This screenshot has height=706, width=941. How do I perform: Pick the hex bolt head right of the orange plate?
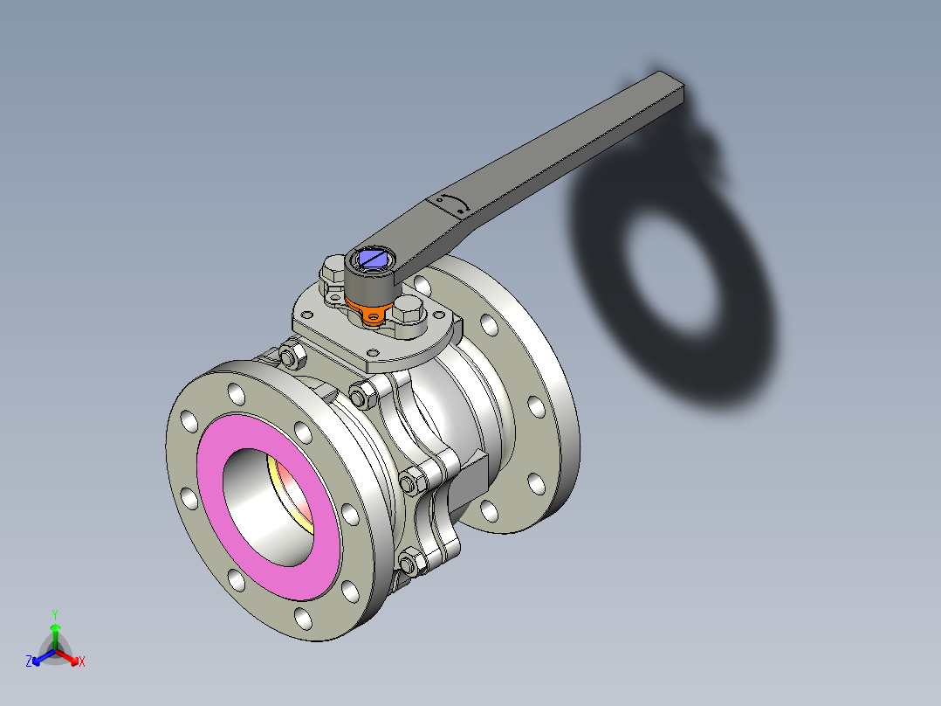pos(409,311)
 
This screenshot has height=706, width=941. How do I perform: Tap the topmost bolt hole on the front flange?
pos(236,394)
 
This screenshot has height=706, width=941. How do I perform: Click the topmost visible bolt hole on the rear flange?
pos(422,285)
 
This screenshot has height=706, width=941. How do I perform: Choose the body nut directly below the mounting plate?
pos(361,395)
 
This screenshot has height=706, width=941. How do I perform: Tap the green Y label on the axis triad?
pos(54,614)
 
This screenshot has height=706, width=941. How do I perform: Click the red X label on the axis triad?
pos(81,661)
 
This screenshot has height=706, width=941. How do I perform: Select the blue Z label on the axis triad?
pos(29,661)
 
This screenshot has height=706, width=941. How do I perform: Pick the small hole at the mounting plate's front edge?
pos(373,352)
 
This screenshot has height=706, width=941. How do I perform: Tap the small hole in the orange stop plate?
pos(375,315)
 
